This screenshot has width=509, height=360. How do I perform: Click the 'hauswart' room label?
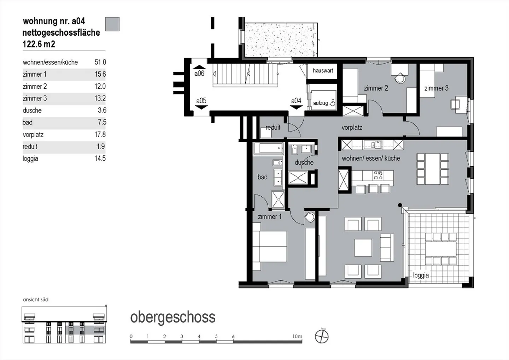323,71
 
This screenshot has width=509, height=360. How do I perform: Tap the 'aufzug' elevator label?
320,103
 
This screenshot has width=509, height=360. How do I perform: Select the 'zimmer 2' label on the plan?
376,88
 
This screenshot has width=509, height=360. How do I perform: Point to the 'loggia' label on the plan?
421,275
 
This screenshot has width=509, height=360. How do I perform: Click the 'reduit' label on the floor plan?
273,128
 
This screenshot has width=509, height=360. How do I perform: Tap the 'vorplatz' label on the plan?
352,128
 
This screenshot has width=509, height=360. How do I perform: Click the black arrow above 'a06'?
199,67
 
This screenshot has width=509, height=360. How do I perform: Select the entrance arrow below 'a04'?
296,107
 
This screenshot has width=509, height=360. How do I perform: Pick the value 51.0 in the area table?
100,62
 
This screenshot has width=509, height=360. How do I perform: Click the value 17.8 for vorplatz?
100,134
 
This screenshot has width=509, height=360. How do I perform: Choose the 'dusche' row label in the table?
32,110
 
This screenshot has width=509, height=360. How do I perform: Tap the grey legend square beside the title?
112,24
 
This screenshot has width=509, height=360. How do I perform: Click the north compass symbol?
322,337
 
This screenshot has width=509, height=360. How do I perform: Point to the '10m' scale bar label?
298,336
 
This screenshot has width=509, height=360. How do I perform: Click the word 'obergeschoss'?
173,318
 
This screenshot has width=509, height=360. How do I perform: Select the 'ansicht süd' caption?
36,300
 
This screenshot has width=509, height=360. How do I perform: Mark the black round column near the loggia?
400,205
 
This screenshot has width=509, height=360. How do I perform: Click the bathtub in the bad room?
268,149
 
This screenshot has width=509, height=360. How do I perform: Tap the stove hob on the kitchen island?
378,175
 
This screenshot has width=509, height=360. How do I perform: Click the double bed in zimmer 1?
270,246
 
